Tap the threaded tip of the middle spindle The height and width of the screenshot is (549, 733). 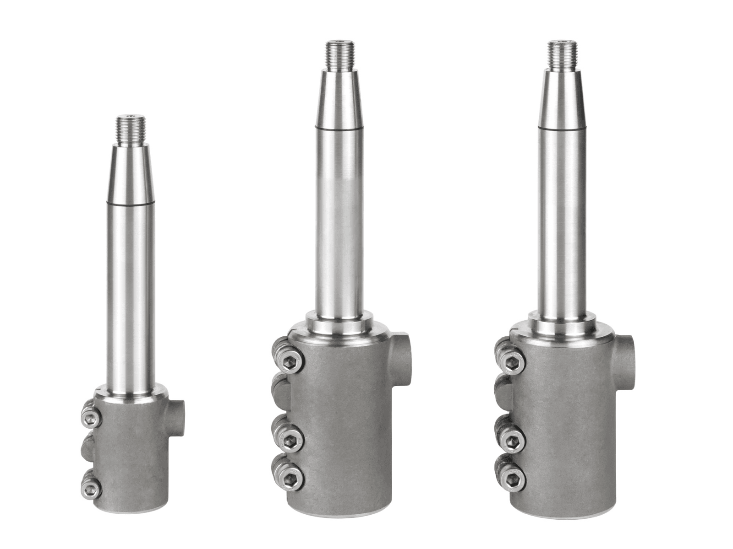pyautogui.click(x=339, y=55)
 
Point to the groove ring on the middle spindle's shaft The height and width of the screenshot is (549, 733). pyautogui.click(x=339, y=129)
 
